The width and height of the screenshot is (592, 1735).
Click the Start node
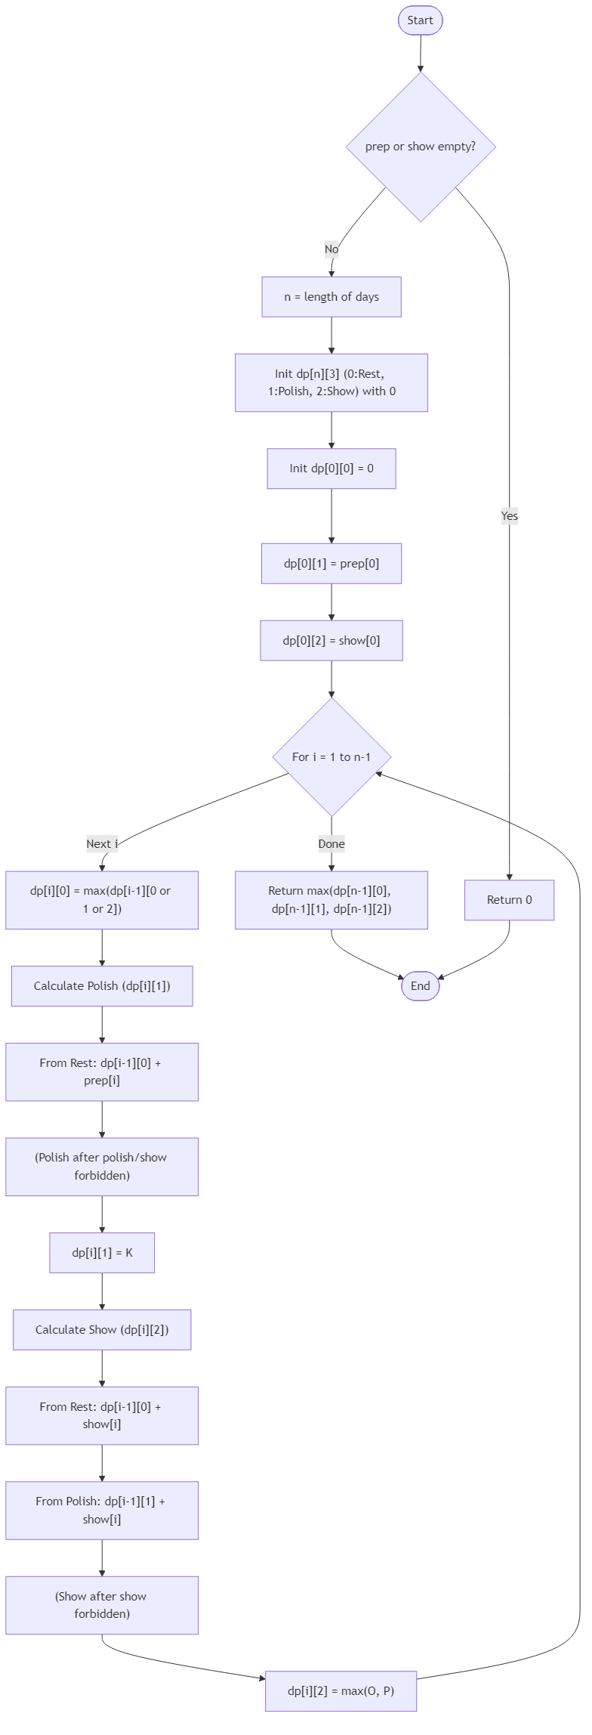[420, 20]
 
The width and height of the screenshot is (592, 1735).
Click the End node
[420, 985]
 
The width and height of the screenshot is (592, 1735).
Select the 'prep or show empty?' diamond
[421, 147]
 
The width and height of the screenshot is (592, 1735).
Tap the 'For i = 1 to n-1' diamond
[331, 756]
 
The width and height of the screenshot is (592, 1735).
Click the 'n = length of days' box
[331, 296]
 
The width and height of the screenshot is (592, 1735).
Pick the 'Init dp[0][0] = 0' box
[331, 469]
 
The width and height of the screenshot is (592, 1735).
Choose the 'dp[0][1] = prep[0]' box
[331, 563]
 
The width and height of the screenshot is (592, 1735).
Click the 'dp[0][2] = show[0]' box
[331, 640]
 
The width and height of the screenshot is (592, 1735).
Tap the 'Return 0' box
[509, 899]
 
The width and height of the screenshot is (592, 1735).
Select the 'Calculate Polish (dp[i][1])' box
[102, 985]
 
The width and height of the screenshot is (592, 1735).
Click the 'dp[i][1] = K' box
[102, 1252]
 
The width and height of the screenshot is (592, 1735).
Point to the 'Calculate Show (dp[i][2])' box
[102, 1329]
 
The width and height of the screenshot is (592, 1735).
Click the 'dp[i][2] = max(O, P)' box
[341, 1690]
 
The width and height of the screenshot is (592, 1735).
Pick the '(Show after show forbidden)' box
[102, 1604]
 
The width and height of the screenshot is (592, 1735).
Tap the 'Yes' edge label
[510, 516]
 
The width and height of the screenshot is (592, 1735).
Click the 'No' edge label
[331, 249]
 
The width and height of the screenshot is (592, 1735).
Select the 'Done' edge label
[331, 843]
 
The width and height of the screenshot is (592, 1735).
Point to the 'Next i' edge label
[102, 843]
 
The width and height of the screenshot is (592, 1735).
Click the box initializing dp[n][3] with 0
[331, 382]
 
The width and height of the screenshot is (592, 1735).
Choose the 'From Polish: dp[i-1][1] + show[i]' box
[102, 1510]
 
